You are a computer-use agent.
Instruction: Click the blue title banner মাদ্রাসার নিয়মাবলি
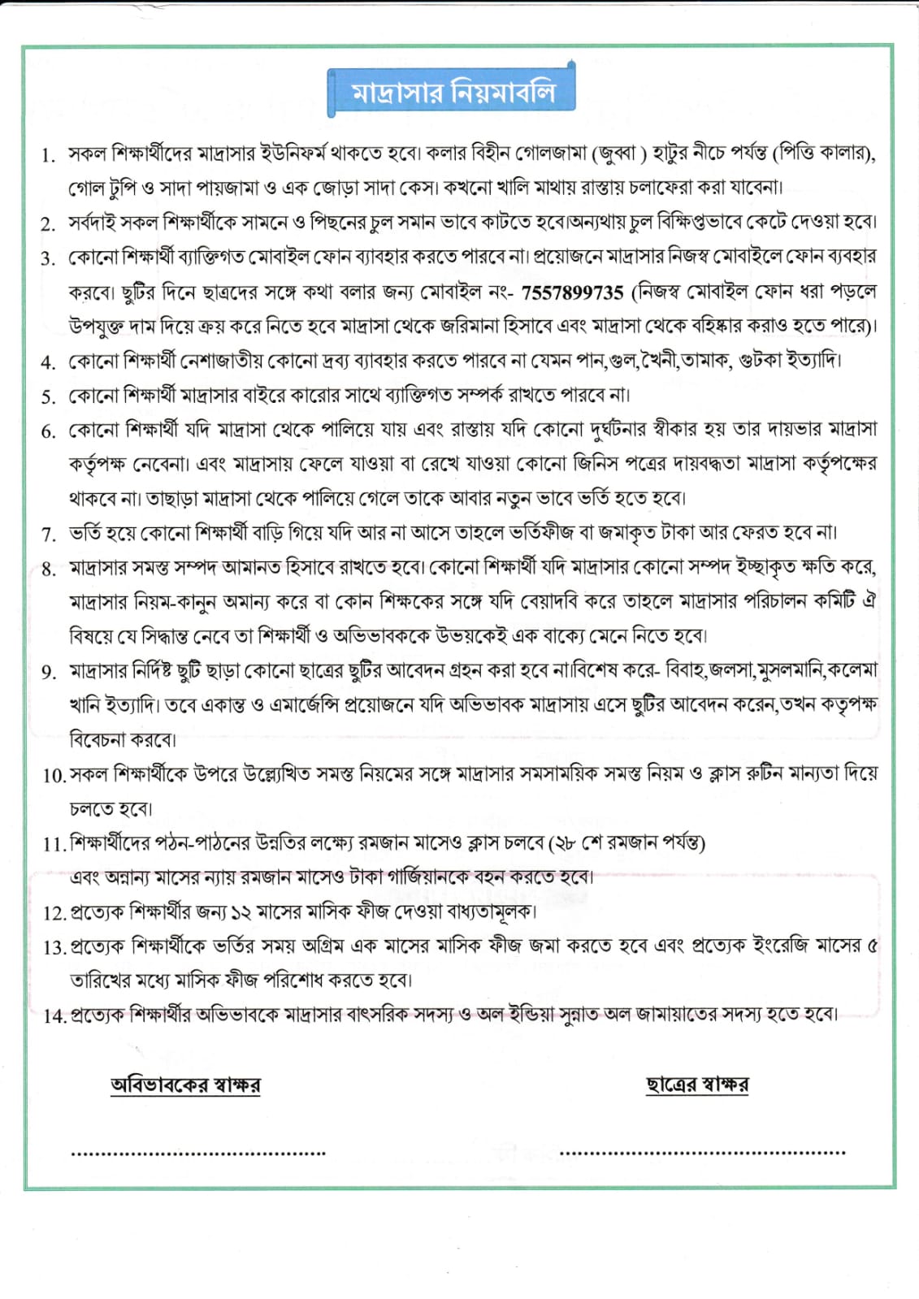point(452,92)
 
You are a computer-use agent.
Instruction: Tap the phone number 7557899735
point(572,292)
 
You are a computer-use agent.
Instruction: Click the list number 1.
point(48,155)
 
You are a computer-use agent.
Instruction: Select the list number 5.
point(48,396)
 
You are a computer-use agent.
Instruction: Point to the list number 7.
point(48,534)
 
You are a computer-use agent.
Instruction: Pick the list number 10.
point(54,776)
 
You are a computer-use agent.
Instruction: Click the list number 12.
point(54,912)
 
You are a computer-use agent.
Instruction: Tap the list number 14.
point(54,1015)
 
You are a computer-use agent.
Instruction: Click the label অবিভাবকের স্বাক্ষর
point(185,1085)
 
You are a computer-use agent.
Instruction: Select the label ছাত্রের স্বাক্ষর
point(696,1085)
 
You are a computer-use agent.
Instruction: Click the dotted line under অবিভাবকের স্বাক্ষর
point(198,1153)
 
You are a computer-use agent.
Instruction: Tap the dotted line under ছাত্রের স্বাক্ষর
point(702,1152)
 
